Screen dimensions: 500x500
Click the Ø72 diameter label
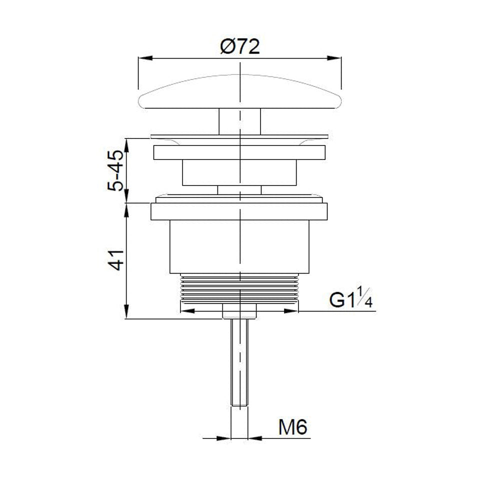[240, 47]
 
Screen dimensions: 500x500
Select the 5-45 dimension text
[115, 170]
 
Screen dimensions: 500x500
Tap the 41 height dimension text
[115, 260]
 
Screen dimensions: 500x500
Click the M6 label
[292, 427]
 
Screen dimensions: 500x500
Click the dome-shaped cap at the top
[240, 92]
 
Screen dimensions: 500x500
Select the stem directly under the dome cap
[240, 121]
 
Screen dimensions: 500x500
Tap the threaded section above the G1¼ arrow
[240, 288]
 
